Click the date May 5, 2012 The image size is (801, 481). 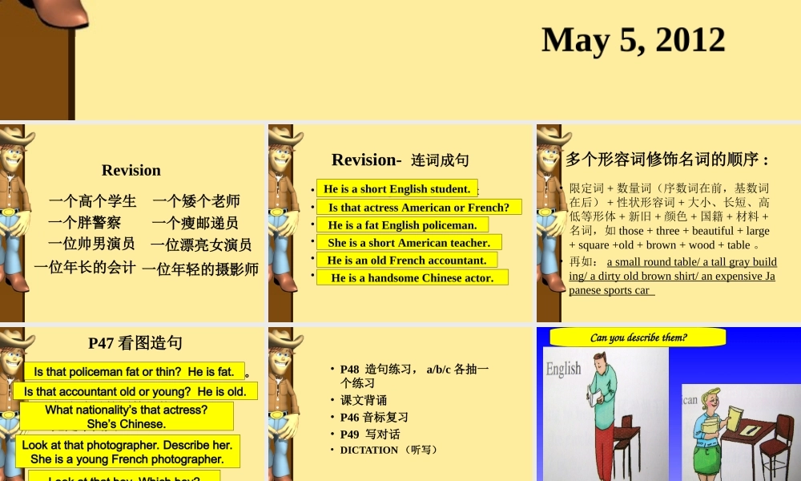coord(633,40)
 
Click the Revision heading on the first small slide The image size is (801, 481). coord(131,170)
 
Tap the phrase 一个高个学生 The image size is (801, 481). coord(92,201)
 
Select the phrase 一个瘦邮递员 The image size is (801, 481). coord(195,223)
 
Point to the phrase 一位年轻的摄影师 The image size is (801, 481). coord(200,269)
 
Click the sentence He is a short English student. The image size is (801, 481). coord(396,189)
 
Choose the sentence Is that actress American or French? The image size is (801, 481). coord(419,208)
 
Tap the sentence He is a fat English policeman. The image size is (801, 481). coord(402,225)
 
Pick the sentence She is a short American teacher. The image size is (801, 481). coord(409,243)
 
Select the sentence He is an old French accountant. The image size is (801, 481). coord(407,261)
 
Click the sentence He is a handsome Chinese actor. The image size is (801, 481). coord(413,278)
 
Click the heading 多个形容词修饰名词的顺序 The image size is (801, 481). coord(667,160)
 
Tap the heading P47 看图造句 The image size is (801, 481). coord(135,343)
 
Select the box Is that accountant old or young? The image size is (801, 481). coord(135,392)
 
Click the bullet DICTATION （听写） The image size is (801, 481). coord(388,450)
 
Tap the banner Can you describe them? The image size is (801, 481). coord(638,338)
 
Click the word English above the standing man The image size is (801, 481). coord(563,369)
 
